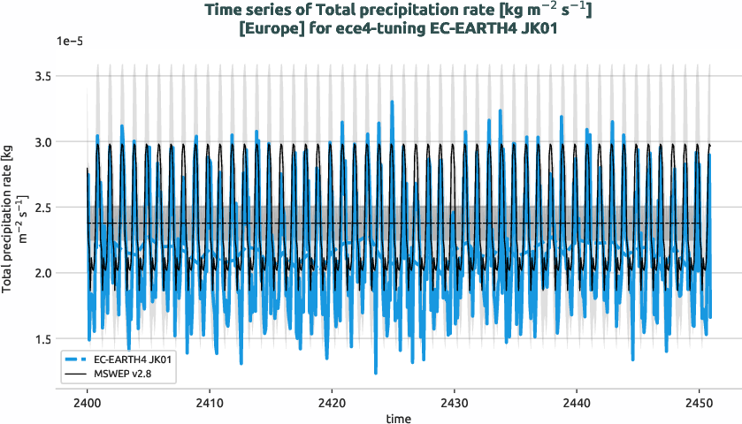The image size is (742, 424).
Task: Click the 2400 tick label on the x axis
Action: point(87,398)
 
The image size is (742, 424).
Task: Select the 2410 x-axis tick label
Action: point(209,398)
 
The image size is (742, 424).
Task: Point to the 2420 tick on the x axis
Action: point(332,398)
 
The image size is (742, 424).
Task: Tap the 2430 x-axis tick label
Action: point(454,398)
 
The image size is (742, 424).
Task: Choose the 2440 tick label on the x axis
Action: point(577,398)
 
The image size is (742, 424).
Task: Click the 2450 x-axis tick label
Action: point(699,398)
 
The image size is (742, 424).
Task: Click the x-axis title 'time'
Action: point(397,417)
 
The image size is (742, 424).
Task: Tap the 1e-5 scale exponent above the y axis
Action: point(70,42)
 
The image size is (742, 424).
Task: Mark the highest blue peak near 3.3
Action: point(391,102)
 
